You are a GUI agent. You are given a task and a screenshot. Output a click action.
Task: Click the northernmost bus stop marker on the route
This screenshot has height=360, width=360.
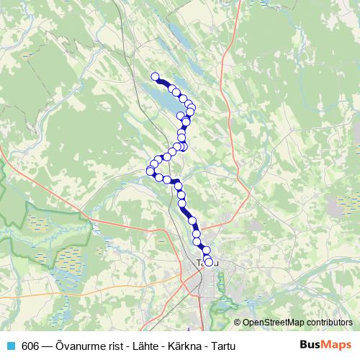pyautogui.click(x=154, y=76)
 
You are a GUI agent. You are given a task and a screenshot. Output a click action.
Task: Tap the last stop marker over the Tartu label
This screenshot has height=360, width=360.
pyautogui.click(x=210, y=262)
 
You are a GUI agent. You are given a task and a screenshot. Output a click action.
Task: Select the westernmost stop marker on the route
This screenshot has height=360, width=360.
pyautogui.click(x=150, y=171)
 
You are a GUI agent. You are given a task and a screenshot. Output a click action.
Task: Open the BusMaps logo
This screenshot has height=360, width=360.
pyautogui.click(x=325, y=345)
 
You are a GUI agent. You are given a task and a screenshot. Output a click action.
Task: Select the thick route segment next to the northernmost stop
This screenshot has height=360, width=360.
pyautogui.click(x=163, y=83)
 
